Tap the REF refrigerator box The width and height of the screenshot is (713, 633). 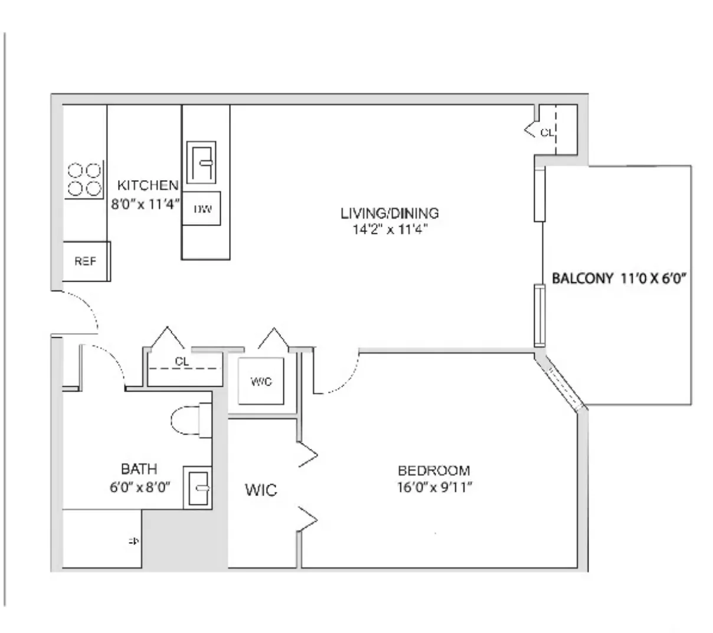tap(86, 262)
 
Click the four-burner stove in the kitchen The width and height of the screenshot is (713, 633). tap(84, 180)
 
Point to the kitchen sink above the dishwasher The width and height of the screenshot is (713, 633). tap(201, 162)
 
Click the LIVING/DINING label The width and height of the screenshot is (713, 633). tap(390, 213)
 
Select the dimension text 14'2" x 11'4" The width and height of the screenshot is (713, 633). tap(390, 230)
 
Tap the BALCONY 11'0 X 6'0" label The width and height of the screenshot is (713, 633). tap(620, 279)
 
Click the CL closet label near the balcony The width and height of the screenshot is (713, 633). tap(547, 133)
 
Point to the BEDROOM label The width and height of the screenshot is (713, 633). tap(434, 471)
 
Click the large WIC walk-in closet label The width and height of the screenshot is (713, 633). tap(261, 490)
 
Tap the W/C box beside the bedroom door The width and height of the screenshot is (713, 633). tap(261, 382)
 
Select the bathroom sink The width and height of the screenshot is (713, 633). tap(197, 488)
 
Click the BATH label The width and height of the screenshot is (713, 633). tap(139, 469)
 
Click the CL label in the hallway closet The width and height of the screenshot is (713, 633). tap(182, 361)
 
